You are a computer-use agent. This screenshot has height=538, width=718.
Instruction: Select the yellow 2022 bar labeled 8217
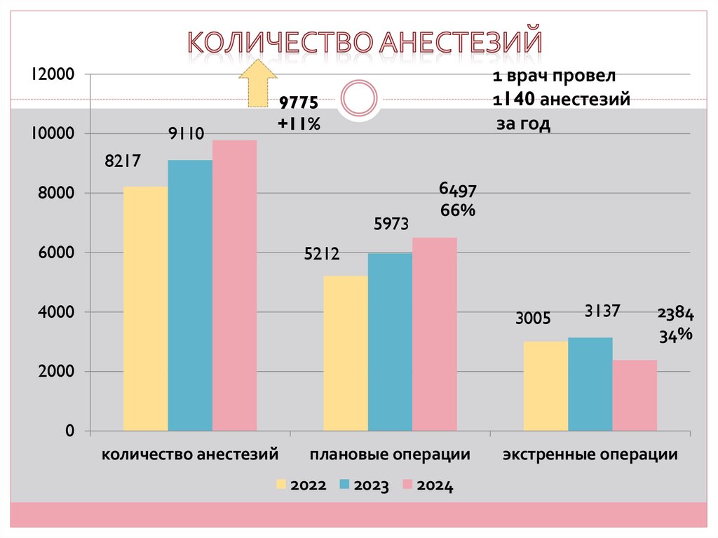point(145,309)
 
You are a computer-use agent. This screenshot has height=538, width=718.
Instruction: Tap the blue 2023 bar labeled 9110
point(190,295)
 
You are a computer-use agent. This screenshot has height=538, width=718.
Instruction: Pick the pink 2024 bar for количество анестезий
point(235,285)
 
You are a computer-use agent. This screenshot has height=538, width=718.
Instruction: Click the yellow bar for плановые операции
point(345,353)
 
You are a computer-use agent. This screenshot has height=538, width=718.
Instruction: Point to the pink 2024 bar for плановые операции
point(435,334)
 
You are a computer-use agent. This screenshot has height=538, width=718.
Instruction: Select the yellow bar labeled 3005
point(546,386)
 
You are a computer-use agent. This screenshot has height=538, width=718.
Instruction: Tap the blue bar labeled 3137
point(590,384)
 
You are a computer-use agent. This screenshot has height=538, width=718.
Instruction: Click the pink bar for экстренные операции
point(635,395)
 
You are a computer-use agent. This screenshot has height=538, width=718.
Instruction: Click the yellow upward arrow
point(257,83)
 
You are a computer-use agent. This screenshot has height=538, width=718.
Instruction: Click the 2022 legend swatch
point(282,485)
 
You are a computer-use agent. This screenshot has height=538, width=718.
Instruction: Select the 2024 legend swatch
point(407,485)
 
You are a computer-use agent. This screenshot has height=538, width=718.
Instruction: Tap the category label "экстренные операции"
point(590,455)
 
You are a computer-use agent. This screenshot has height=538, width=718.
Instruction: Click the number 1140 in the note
point(515,100)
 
